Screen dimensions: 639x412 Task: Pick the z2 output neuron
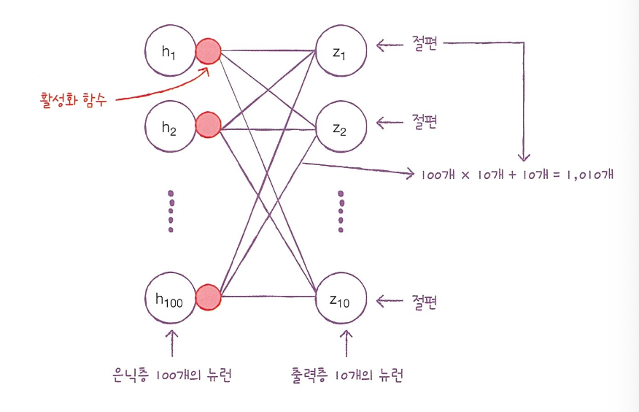tap(340, 129)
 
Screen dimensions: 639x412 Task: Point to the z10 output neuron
tap(340, 299)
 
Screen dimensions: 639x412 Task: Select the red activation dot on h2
tap(209, 125)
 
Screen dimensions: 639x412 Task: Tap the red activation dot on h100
tap(209, 296)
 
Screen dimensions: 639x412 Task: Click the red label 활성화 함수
tap(73, 98)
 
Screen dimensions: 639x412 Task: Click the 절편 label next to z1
tap(423, 44)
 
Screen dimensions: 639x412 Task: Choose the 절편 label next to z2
tap(423, 121)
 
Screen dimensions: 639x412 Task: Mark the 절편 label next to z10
tap(423, 300)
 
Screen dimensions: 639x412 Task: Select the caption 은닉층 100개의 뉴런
tap(173, 375)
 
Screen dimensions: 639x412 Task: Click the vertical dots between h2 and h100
tap(171, 212)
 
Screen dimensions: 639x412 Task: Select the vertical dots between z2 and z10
tap(341, 212)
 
